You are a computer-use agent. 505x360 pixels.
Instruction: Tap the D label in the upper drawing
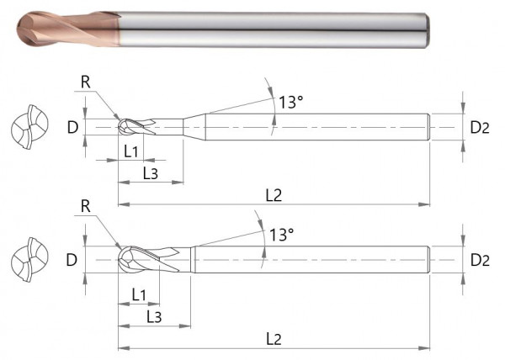point(72,129)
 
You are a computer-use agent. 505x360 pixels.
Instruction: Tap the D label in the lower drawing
point(72,260)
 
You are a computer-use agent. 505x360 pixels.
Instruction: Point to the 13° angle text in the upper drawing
point(290,103)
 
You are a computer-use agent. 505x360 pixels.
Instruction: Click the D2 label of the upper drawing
point(480,129)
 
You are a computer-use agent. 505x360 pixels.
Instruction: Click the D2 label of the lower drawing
point(480,260)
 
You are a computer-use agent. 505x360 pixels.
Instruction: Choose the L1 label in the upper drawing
point(130,151)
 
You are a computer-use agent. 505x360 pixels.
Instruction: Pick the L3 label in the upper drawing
point(150,173)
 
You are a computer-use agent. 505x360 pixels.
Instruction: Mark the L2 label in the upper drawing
point(274,195)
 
